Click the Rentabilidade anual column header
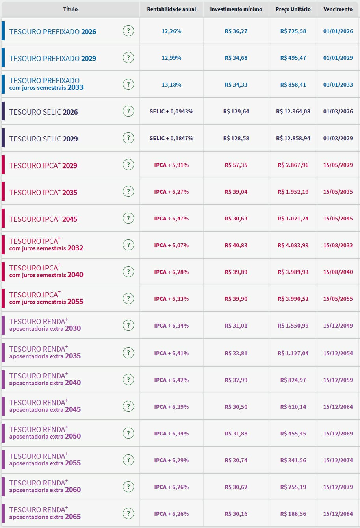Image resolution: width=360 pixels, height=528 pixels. pos(171,9)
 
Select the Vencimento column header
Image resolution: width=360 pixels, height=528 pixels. pos(338,9)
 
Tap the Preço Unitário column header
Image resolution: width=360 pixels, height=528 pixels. pos(293,9)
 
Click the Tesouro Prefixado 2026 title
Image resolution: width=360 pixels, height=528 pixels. pos(53,32)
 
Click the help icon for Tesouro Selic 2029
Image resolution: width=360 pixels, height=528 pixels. pos(128,138)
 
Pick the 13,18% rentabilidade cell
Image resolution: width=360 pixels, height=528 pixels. pos(171,85)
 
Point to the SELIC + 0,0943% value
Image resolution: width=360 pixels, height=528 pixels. pos(171,111)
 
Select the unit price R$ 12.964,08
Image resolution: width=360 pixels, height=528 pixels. pos(293,111)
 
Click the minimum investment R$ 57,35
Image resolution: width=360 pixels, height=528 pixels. pos(236,165)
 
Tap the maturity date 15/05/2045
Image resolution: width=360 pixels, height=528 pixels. pos(338,219)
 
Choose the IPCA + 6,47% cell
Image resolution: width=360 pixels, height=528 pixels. pos(171,219)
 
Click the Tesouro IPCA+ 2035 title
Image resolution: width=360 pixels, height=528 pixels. pos(43,192)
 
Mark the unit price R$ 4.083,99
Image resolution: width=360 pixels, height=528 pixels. pos(293,245)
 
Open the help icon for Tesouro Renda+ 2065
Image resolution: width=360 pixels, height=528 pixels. pos(128,513)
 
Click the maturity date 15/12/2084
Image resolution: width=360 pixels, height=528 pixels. pos(338,514)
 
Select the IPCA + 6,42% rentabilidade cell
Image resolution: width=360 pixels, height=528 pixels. pos(171,380)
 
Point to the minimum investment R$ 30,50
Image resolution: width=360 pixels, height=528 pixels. pos(236,407)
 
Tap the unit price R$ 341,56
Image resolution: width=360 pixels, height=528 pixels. pos(293,460)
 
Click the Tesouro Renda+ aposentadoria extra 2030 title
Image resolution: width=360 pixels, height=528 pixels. pos(45,325)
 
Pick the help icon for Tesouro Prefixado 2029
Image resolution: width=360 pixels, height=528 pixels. pos(128,57)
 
